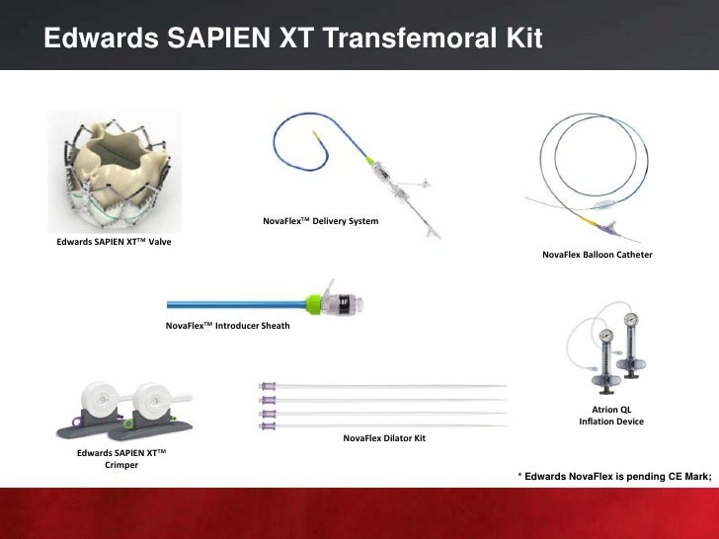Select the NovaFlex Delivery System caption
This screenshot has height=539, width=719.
(320, 220)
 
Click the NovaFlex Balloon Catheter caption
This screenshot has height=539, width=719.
(598, 255)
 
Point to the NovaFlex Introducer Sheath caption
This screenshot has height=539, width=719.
(228, 325)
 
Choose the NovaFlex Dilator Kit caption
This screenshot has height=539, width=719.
(383, 436)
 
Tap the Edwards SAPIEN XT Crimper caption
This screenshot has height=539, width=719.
(121, 458)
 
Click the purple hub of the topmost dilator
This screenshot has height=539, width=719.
(266, 386)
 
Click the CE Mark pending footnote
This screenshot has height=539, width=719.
(615, 477)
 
